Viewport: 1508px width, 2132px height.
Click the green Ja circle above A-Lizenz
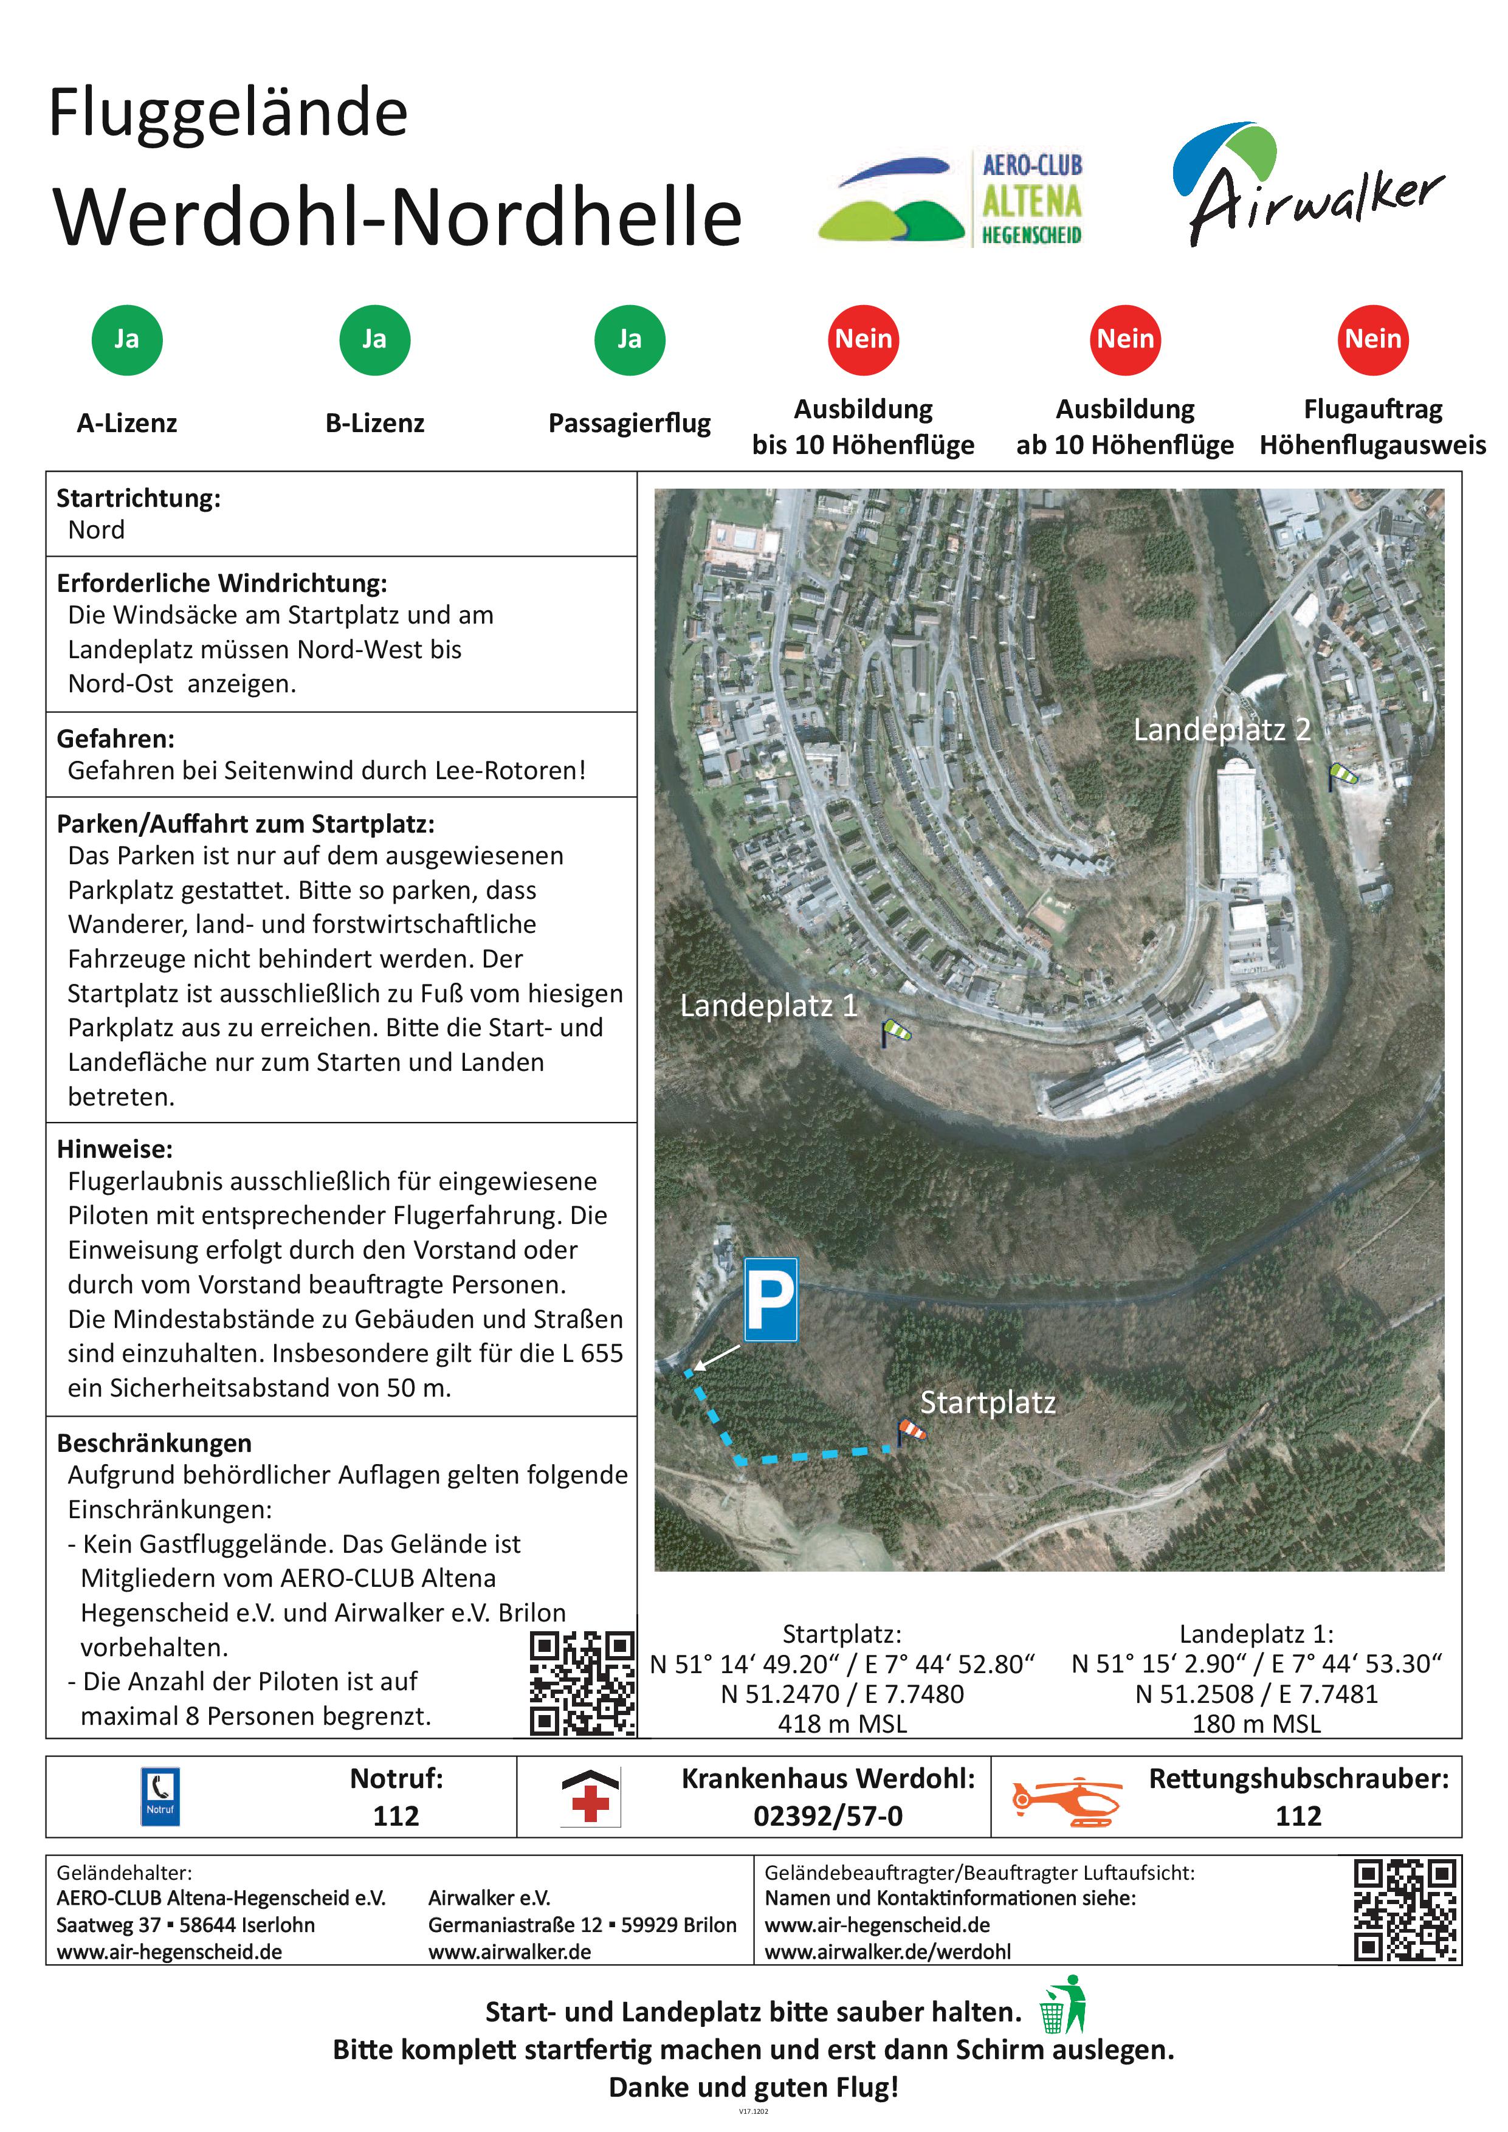(x=127, y=340)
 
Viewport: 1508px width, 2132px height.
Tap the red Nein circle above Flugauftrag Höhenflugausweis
(x=1372, y=340)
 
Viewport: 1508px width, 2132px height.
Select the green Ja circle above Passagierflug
(x=630, y=340)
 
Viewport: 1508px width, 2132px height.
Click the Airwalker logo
(x=1309, y=186)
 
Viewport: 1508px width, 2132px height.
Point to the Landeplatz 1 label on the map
(x=769, y=1006)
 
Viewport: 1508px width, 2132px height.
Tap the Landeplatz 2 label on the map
(x=1222, y=730)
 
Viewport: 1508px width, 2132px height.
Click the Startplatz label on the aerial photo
(x=988, y=1402)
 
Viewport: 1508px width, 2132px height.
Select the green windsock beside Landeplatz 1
(x=896, y=1031)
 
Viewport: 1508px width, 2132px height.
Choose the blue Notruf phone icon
(x=160, y=1797)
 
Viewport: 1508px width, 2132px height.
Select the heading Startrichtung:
(x=139, y=498)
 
